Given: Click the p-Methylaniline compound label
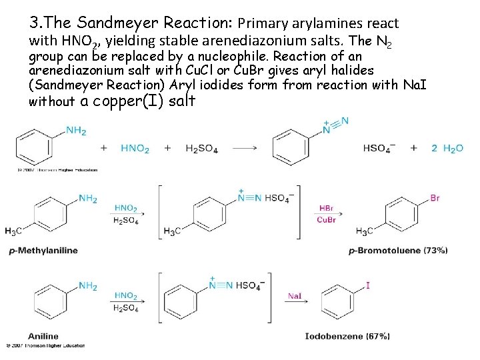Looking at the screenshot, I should click(43, 251).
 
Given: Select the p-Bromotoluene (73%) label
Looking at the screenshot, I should click(397, 251).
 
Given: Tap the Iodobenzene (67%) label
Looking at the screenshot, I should click(347, 337).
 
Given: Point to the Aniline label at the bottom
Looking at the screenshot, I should click(43, 335).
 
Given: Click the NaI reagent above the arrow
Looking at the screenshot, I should click(295, 296).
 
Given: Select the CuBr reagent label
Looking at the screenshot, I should click(327, 220).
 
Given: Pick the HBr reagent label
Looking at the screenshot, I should click(327, 208).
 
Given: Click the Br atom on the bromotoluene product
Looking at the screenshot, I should click(435, 198).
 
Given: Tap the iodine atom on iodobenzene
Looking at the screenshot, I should click(368, 285).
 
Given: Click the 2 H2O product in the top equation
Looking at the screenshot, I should click(447, 149).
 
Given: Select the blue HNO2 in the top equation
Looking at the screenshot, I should click(135, 149).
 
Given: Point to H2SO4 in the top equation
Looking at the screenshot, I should click(201, 149).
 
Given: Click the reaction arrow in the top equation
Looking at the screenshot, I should click(247, 148).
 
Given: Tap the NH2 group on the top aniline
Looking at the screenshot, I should click(76, 131).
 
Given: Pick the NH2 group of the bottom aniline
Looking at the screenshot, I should click(88, 286).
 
